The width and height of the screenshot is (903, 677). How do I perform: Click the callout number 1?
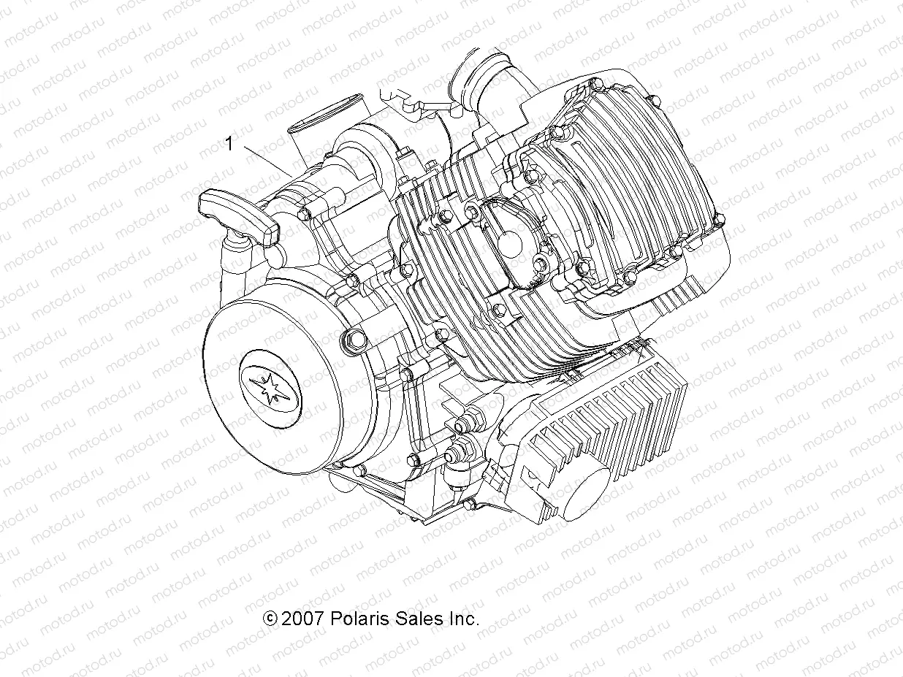(x=229, y=144)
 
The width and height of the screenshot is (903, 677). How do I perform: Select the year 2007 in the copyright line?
(x=302, y=619)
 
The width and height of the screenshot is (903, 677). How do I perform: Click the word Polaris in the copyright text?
(x=359, y=619)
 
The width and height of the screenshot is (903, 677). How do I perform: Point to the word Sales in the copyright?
(x=418, y=619)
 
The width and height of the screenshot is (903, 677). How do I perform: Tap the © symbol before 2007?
(x=270, y=619)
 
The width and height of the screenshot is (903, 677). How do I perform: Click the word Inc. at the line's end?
(x=462, y=619)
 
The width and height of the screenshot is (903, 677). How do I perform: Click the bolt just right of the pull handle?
(x=303, y=213)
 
